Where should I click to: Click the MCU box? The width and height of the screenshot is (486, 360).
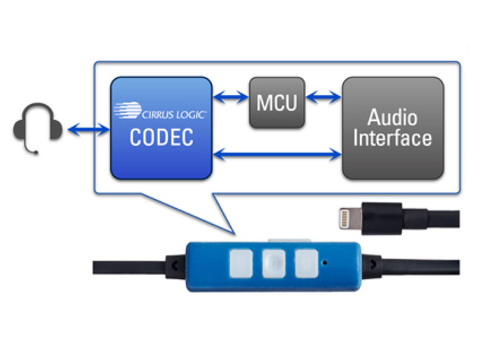click(277, 102)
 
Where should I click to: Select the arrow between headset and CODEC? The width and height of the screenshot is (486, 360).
click(88, 131)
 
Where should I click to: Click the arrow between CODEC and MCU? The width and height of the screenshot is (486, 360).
click(230, 97)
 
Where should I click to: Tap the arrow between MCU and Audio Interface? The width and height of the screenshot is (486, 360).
click(323, 97)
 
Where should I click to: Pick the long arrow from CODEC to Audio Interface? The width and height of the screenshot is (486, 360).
click(276, 155)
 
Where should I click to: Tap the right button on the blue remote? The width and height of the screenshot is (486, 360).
click(306, 264)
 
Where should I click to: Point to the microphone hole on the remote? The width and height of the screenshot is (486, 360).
click(327, 263)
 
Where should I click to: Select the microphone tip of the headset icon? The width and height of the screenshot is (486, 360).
click(35, 152)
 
